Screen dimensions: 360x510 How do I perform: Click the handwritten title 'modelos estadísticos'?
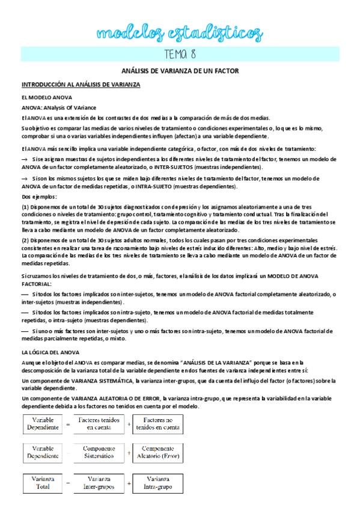tap(180, 31)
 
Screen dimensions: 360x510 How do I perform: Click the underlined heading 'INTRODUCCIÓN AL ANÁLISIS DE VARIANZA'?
tap(81, 85)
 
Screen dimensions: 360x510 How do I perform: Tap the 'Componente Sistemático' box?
tap(98, 453)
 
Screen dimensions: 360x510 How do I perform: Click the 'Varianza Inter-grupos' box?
tap(98, 482)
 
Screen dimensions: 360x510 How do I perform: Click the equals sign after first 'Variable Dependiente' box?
tap(69, 424)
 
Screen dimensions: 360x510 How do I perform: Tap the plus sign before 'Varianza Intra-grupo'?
tap(128, 483)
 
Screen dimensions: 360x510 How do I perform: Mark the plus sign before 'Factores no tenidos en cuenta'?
tap(128, 424)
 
